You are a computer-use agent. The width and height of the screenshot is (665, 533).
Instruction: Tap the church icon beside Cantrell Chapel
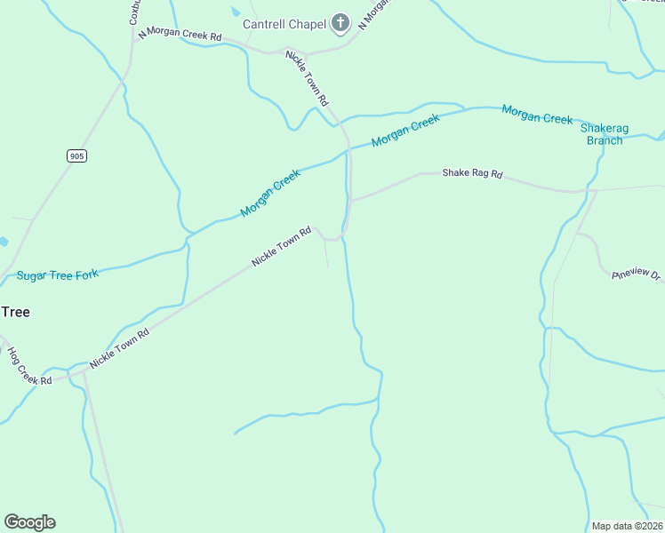click(340, 23)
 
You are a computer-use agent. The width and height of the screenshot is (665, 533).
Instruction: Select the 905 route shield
click(76, 155)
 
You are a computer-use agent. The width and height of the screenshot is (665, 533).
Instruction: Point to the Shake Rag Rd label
click(472, 174)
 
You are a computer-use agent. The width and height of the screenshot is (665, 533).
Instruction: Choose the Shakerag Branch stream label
click(605, 134)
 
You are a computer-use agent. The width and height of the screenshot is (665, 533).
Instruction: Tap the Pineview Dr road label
click(637, 276)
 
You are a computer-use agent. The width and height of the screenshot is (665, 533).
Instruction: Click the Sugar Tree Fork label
click(58, 275)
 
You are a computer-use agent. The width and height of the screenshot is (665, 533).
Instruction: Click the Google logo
click(29, 522)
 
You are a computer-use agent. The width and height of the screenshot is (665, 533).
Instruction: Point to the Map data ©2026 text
click(628, 526)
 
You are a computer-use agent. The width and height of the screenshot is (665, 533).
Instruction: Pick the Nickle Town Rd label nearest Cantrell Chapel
click(308, 78)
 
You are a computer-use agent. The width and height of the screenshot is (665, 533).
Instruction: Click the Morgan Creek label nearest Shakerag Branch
click(537, 115)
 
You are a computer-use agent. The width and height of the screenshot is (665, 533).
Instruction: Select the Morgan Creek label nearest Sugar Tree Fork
click(270, 194)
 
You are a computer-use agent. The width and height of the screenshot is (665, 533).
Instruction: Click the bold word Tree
click(15, 312)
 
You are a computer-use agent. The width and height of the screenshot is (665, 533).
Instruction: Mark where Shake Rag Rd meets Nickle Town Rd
click(351, 201)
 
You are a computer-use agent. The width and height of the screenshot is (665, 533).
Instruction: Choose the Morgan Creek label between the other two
click(405, 131)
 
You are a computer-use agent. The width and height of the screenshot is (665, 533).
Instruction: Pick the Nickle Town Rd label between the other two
click(281, 247)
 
